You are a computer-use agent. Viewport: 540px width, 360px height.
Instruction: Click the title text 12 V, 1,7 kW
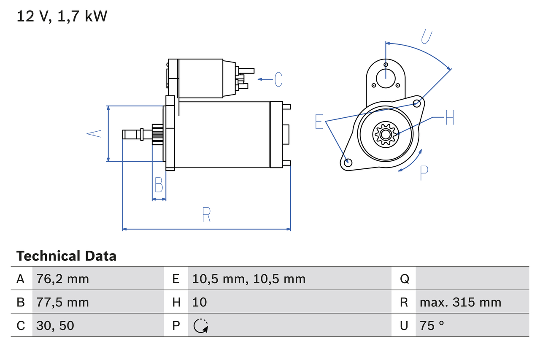coord(62,16)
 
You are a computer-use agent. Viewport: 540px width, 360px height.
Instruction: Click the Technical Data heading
coord(66,256)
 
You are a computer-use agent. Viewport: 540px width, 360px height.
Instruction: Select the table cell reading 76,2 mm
coord(62,279)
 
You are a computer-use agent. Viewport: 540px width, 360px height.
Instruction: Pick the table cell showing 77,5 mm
coord(62,302)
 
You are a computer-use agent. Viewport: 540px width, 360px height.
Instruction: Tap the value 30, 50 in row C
coord(55,325)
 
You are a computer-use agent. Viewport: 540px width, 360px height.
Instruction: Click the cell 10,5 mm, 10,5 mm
coord(248,279)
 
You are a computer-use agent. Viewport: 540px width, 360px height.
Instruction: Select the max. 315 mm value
coord(460,302)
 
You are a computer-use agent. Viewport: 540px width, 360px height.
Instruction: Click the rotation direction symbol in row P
coord(201,326)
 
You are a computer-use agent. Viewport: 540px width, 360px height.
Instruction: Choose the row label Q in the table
coord(404,279)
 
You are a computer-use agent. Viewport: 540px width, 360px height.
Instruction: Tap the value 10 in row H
coord(200,302)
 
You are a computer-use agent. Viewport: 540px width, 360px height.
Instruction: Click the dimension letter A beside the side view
coord(94,133)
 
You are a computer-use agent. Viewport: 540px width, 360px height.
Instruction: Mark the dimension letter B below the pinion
coord(159,185)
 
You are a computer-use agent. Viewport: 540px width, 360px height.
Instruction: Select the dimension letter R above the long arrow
coord(206,215)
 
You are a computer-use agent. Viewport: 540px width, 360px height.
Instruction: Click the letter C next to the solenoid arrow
coord(278,79)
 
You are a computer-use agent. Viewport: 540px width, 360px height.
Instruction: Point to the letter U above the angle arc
coord(427,37)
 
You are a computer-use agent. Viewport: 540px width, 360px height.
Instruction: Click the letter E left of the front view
coord(319,122)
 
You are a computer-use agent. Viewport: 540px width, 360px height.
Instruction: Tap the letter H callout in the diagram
coord(449,117)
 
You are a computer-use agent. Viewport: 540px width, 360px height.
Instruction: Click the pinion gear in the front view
coord(385,134)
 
